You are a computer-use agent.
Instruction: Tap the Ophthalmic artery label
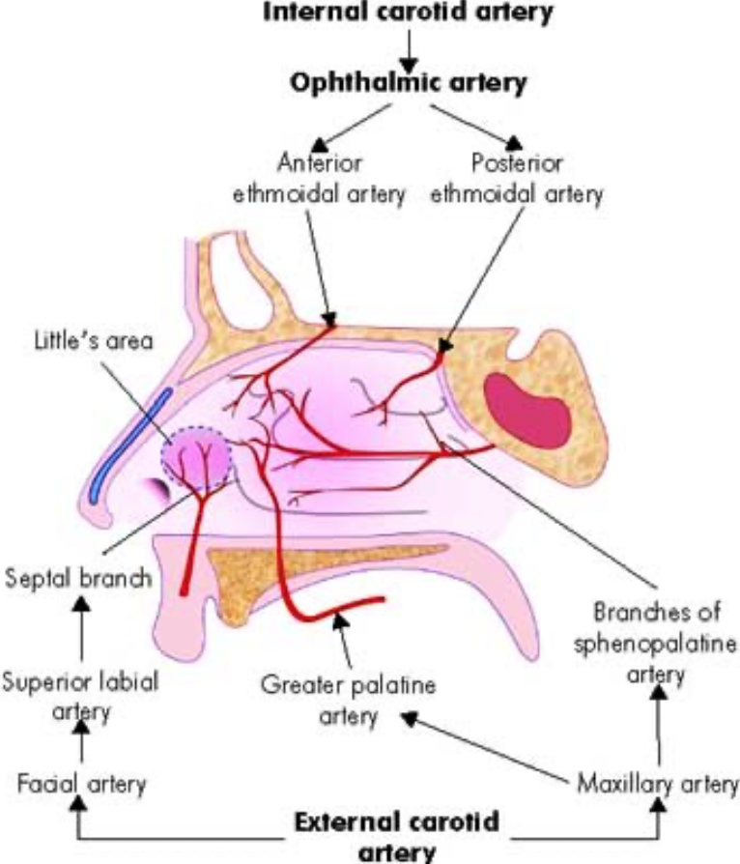[411, 83]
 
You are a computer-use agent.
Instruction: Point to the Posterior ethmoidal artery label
[516, 176]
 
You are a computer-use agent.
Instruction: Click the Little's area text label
[92, 342]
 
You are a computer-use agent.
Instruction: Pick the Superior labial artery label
[80, 695]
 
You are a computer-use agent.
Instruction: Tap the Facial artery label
[81, 782]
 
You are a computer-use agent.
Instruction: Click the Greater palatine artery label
[348, 701]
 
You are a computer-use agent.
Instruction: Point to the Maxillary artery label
[657, 782]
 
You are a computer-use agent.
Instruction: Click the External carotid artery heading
[397, 837]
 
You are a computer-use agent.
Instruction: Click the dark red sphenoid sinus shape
[527, 404]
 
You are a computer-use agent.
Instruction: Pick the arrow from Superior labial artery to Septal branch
[81, 630]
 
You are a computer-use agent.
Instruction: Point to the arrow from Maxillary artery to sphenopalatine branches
[661, 725]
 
